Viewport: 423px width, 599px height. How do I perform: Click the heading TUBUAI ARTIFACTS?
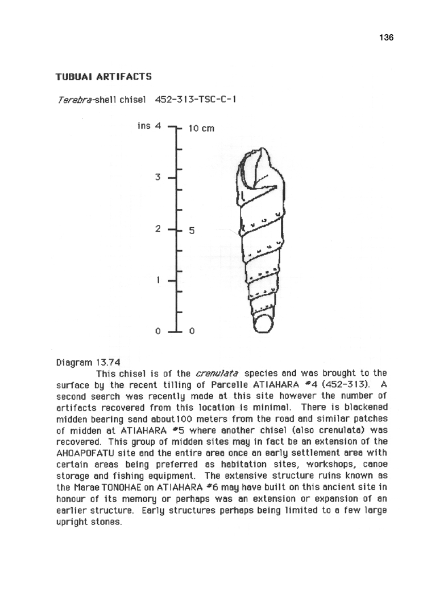tap(103, 76)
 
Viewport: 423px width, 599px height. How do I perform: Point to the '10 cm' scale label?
tap(201, 128)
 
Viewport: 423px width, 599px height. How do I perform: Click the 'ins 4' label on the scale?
tap(150, 125)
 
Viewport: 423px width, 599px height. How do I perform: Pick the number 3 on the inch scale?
tap(158, 177)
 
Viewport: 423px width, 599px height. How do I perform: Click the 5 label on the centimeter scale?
tap(192, 231)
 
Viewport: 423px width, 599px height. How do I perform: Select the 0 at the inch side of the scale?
tap(159, 331)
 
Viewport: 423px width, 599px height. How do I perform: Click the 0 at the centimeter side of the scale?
tap(192, 331)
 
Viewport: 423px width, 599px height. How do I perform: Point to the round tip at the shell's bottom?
tap(263, 323)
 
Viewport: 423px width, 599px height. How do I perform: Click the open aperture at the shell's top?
tap(257, 171)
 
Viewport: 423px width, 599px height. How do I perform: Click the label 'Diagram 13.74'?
tap(88, 362)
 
